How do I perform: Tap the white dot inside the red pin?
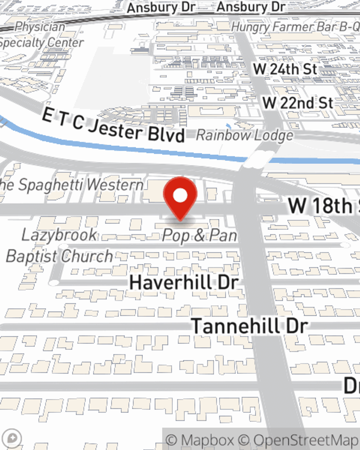click(180, 195)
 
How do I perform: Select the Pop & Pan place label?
click(199, 235)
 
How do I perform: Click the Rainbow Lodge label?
click(244, 135)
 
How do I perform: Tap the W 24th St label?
click(285, 69)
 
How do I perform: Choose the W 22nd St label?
click(298, 103)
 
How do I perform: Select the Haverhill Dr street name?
click(184, 282)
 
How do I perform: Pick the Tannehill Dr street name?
click(249, 326)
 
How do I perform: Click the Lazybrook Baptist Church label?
click(59, 246)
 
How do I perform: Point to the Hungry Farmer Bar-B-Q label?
click(295, 27)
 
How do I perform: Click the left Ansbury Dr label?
click(161, 7)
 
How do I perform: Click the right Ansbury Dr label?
click(251, 7)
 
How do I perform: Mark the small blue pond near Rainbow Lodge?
click(229, 126)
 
